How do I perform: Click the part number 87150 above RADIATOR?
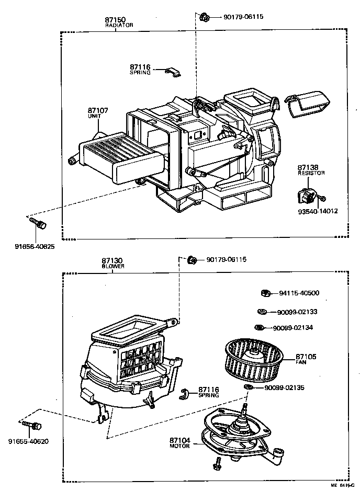coord(116,19)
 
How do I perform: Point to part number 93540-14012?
coord(317,211)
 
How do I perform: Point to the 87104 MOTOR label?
coord(180,442)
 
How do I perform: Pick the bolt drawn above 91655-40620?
coord(31,425)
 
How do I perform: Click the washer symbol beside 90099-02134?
coord(258,328)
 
